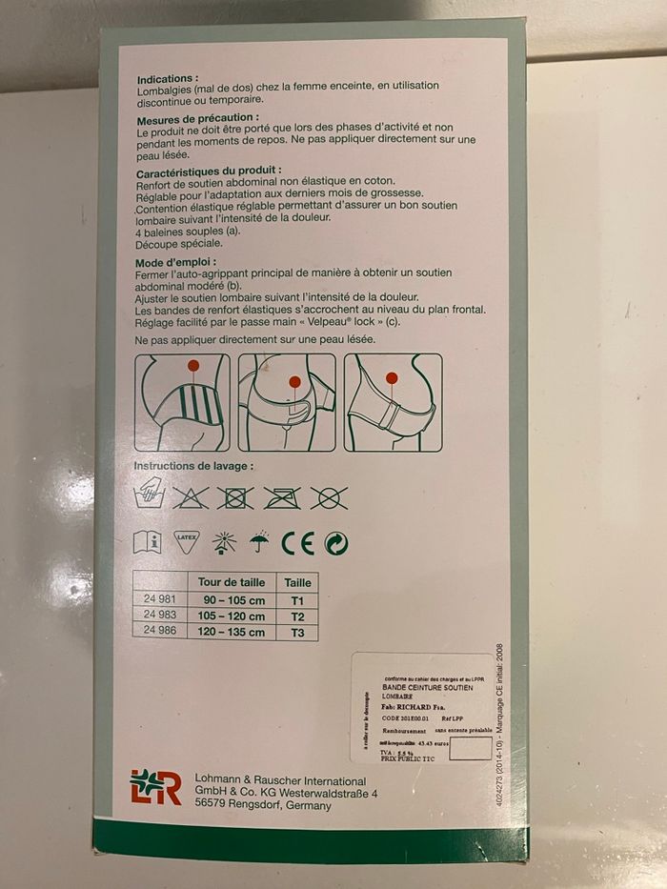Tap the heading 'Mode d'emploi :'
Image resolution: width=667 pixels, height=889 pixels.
click(x=176, y=260)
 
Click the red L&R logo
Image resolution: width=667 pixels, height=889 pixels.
click(x=155, y=788)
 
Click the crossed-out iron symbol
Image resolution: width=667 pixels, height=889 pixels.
click(x=281, y=496)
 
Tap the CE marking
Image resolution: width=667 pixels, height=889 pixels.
click(x=296, y=543)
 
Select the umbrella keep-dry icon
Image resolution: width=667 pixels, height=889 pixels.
click(x=259, y=542)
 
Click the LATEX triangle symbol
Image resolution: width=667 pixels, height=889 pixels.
click(x=185, y=541)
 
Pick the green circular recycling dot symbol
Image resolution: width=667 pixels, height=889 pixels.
click(x=335, y=543)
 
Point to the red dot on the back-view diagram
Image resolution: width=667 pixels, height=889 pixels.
click(x=193, y=366)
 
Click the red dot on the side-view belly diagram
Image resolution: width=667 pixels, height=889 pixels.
click(x=392, y=378)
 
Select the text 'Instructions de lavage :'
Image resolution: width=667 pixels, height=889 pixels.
click(x=193, y=467)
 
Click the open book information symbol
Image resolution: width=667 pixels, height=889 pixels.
click(x=148, y=542)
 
